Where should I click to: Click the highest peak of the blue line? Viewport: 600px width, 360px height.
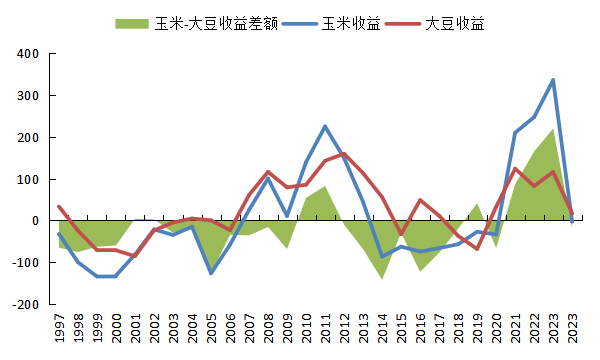[x=553, y=80]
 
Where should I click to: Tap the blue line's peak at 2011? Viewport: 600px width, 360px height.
[x=325, y=126]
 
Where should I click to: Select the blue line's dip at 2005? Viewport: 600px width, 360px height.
[x=211, y=273]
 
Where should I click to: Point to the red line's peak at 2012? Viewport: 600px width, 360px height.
[x=344, y=153]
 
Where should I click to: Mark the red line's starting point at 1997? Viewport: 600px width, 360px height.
[x=59, y=207]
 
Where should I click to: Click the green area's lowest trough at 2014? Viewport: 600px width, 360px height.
[x=382, y=278]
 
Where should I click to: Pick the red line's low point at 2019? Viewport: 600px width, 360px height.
[x=477, y=249]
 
